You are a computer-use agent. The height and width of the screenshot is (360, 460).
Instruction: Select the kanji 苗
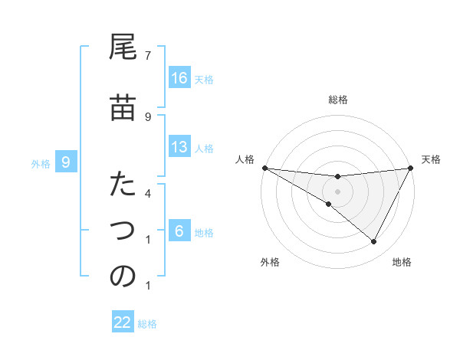[x=123, y=109]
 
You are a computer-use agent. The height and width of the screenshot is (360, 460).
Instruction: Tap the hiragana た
[x=123, y=186]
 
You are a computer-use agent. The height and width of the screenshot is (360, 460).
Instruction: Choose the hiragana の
[x=123, y=277]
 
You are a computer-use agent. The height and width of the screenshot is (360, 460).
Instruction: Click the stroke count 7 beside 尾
[x=148, y=55]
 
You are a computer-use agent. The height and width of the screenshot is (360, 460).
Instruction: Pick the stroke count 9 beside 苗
[x=148, y=116]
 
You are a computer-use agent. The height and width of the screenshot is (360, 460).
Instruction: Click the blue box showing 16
[x=179, y=78]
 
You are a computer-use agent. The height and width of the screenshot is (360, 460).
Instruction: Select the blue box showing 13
[x=179, y=147]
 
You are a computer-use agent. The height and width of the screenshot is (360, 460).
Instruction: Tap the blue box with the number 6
[x=179, y=231]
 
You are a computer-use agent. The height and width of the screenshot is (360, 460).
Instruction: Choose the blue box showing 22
[x=123, y=322]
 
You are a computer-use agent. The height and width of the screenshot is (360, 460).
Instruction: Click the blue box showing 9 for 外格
[x=66, y=162]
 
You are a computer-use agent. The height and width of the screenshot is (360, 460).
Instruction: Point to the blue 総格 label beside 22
[x=147, y=324]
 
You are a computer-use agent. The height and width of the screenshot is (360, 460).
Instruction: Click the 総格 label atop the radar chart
[x=337, y=100]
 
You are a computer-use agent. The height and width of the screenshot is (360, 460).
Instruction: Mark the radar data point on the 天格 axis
[x=410, y=168]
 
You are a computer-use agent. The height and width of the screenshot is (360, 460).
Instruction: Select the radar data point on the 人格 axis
[x=264, y=168]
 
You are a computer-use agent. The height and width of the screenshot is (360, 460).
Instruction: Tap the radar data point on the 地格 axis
[x=374, y=242]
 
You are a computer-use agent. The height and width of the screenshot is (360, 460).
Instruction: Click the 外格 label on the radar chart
[x=270, y=263]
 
